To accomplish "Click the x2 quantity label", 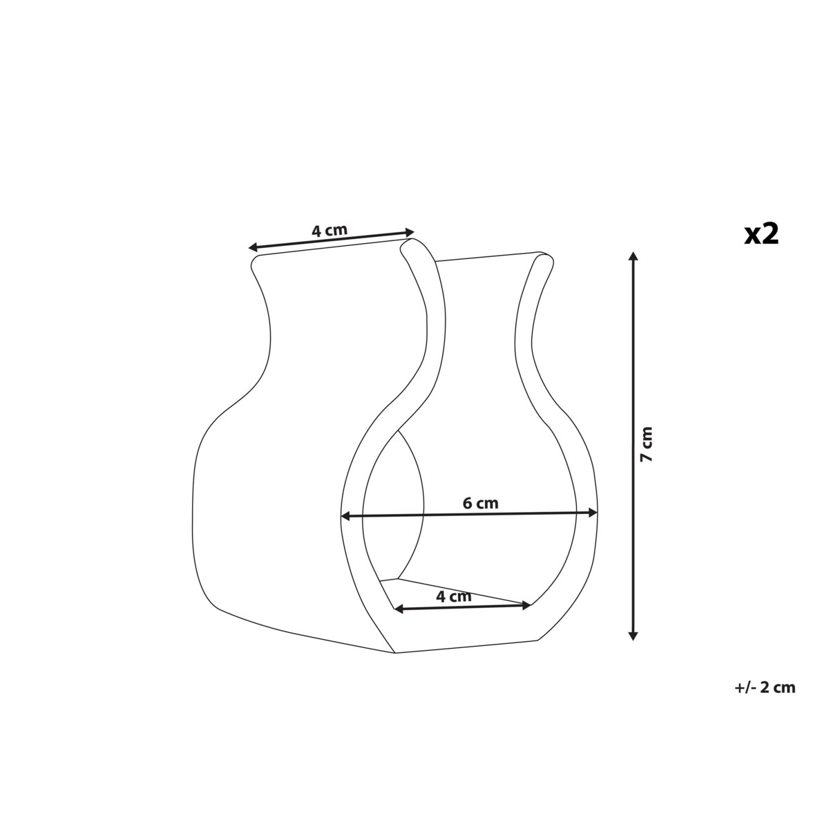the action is [761, 235].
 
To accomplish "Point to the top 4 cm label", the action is [329, 231].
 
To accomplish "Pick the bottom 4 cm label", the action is [454, 596].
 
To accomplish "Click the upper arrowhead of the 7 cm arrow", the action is [633, 257].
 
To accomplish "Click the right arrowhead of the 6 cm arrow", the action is [592, 513].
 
